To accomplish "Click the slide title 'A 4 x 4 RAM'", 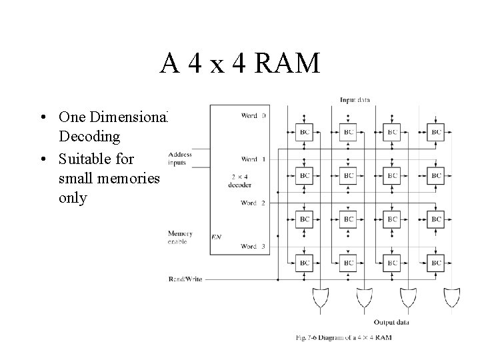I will [240, 63].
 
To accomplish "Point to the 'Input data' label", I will [355, 100].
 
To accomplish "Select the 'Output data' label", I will [391, 322].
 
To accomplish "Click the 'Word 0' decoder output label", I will [253, 115].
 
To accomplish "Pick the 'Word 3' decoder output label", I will [253, 247].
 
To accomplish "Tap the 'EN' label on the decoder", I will [216, 236].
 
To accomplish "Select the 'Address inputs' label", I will [180, 157].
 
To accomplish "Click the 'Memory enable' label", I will [180, 237].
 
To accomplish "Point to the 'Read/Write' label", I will [185, 279].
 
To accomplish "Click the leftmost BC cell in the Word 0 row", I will [305, 132].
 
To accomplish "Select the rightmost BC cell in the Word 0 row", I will [436, 132].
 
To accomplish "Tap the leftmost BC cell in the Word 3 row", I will [305, 263].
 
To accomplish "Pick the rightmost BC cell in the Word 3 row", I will [436, 263].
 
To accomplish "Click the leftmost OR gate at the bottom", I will [321, 297].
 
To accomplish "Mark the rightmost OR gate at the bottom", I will [452, 297].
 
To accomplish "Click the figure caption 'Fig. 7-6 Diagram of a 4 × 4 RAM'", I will [343, 337].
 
